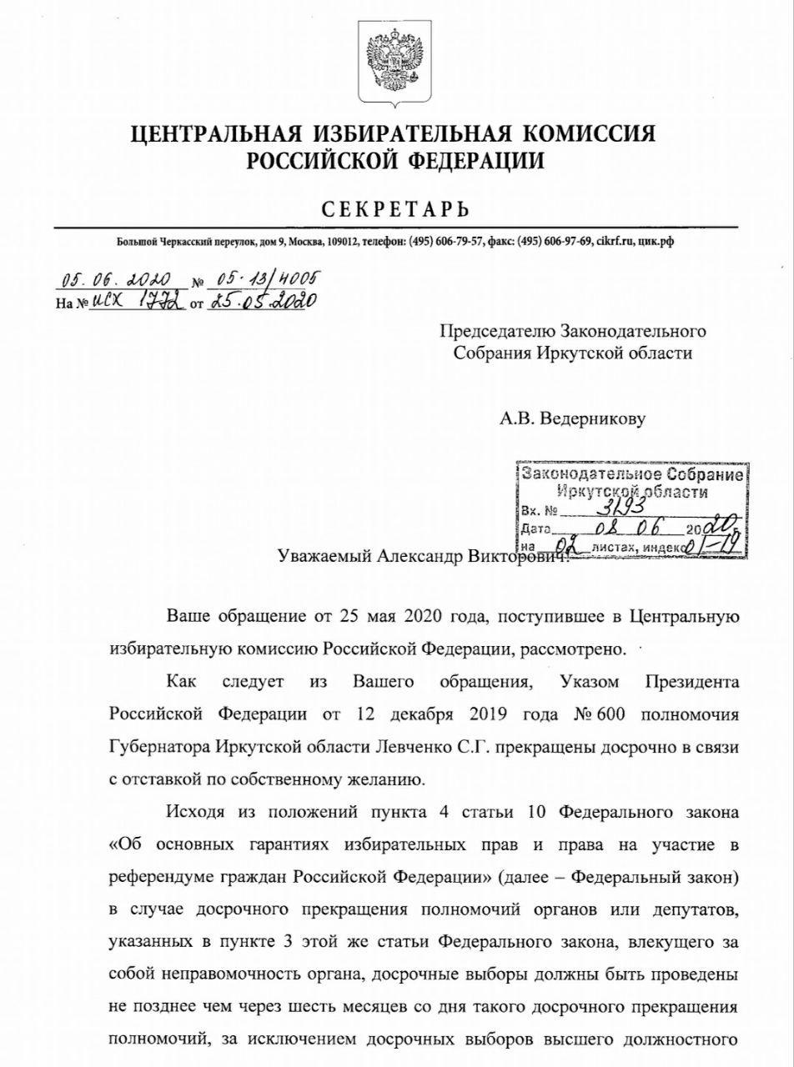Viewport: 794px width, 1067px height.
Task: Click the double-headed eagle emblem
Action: coord(396,63)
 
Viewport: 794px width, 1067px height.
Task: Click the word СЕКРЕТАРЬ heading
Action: coord(396,209)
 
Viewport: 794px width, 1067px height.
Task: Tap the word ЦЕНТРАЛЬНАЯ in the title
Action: coord(219,134)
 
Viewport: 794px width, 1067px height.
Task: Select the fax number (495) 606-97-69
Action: coord(555,242)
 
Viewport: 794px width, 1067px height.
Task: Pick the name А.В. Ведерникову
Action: coord(572,419)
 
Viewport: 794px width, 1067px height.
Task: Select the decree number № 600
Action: coord(591,715)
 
